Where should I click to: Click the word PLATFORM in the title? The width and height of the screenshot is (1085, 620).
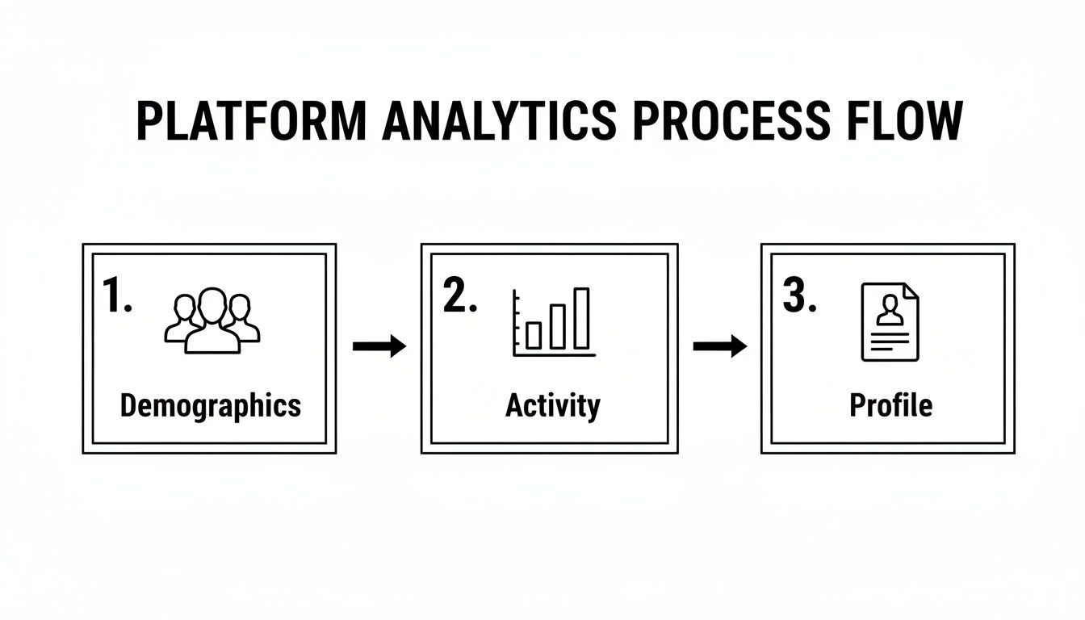tap(251, 123)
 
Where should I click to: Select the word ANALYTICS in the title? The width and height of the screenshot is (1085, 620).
tap(499, 123)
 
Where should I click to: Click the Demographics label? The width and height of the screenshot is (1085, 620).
tap(210, 405)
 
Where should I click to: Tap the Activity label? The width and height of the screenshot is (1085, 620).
tap(553, 405)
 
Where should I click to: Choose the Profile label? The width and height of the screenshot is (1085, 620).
tap(890, 405)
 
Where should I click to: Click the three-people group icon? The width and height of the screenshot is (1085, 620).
tap(212, 320)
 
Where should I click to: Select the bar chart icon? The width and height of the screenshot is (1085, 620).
tap(554, 323)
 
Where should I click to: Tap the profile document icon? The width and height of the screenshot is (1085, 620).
tap(890, 321)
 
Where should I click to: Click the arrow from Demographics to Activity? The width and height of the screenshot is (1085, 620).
tap(379, 347)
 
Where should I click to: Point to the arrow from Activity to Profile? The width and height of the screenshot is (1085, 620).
tap(720, 347)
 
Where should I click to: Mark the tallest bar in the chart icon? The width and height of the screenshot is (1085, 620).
tap(581, 318)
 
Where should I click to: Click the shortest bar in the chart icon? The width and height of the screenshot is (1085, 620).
tap(534, 335)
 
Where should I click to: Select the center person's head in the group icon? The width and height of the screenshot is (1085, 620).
tap(212, 304)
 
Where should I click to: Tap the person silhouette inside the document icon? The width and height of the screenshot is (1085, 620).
tap(890, 310)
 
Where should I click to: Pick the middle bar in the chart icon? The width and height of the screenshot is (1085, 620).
tap(558, 326)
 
